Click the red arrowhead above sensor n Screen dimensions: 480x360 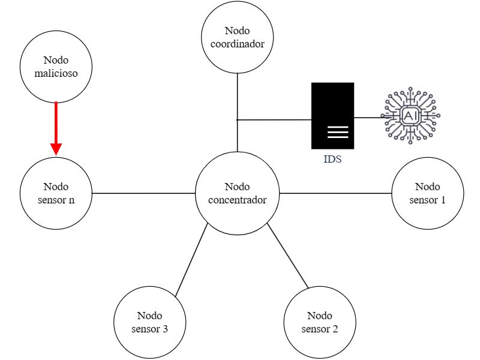point(56,149)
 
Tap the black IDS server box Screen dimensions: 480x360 point(333,116)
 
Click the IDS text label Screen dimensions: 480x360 point(332,159)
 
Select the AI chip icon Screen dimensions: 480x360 point(410,115)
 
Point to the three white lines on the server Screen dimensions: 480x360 point(338,132)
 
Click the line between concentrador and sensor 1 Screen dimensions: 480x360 point(335,193)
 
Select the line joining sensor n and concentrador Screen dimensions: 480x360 point(143,193)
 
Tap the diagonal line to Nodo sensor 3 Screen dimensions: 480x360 point(191,260)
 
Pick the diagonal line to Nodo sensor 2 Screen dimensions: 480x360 point(288,256)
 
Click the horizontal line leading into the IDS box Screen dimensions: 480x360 point(274,119)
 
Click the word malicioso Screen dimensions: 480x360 point(56,73)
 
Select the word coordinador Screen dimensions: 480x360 point(237,44)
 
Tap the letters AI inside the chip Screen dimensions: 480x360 point(410,116)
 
